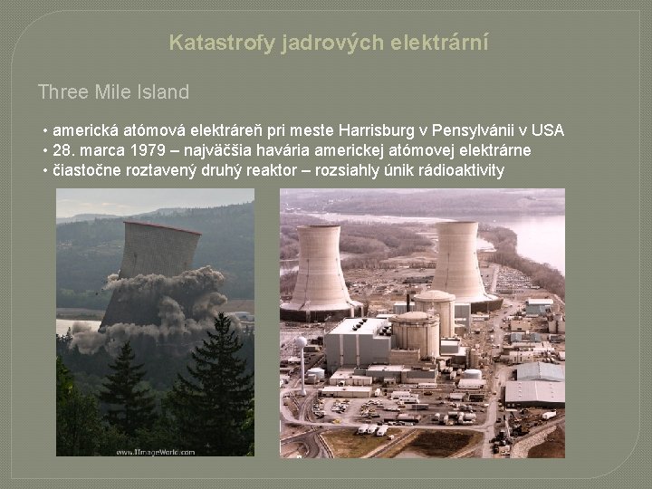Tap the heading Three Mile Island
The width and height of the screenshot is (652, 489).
click(x=113, y=91)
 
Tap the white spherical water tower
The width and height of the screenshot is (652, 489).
click(x=302, y=342)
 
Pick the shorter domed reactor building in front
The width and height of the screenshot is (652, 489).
click(x=415, y=332)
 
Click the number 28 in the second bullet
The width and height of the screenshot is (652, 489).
click(x=62, y=150)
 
